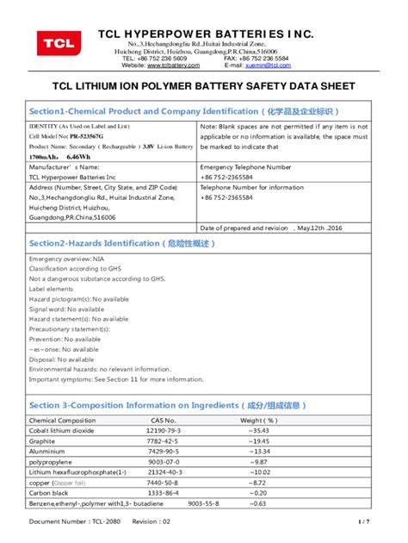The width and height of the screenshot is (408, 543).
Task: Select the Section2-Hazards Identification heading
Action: point(122,244)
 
